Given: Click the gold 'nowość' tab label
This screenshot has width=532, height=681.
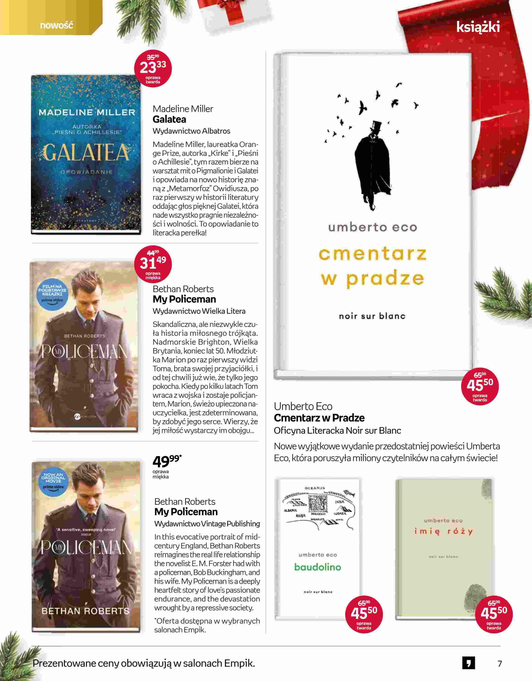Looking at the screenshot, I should click(56, 25).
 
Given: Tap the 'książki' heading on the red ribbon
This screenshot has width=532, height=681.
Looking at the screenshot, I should click(478, 27).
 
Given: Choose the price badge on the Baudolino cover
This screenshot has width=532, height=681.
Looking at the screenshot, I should click(364, 614).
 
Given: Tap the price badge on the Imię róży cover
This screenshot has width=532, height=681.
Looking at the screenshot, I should click(494, 614).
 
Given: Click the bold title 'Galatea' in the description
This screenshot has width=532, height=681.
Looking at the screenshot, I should click(169, 119).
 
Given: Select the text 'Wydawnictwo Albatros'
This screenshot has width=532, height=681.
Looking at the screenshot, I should click(191, 131).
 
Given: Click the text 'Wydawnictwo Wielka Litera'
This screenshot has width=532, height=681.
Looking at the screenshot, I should click(199, 311).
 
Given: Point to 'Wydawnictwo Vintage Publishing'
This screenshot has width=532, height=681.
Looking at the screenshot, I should click(207, 524).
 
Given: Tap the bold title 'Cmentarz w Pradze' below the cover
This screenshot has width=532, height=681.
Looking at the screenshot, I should click(319, 418).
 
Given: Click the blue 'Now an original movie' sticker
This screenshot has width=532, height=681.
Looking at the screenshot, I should click(53, 482).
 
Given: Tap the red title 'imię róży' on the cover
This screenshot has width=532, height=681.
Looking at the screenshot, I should click(443, 531).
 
